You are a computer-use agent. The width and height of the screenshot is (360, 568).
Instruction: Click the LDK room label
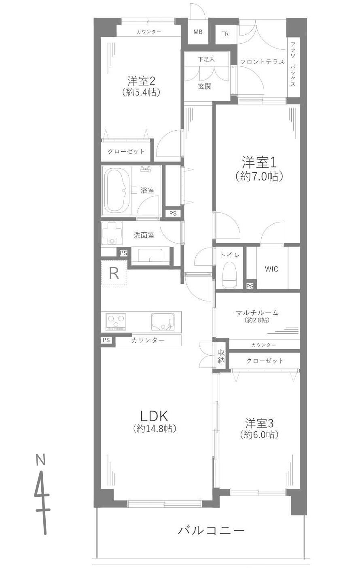[154, 417]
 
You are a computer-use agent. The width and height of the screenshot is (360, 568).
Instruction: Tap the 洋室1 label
[259, 163]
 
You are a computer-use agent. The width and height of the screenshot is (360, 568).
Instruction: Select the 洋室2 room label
[141, 81]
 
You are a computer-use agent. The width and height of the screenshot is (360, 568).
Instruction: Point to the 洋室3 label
[259, 423]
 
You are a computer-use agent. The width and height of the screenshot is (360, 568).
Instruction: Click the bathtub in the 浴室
[117, 190]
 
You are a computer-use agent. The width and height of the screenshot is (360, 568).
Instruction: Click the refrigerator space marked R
[114, 273]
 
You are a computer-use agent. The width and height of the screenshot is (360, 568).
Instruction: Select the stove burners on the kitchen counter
[116, 322]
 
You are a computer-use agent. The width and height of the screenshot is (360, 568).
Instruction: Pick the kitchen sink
[163, 322]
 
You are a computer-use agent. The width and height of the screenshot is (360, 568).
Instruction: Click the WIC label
[271, 269]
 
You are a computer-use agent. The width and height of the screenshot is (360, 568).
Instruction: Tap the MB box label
[198, 32]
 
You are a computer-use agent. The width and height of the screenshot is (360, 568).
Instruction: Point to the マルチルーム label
[257, 313]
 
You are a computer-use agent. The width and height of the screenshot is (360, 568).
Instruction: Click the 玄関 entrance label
[205, 87]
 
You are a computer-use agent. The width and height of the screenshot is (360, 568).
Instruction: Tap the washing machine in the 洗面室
[112, 233]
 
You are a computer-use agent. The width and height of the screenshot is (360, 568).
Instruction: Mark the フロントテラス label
[262, 62]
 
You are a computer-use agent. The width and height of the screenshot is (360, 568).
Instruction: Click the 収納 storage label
[221, 356]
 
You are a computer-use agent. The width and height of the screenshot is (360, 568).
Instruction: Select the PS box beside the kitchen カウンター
[106, 340]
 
